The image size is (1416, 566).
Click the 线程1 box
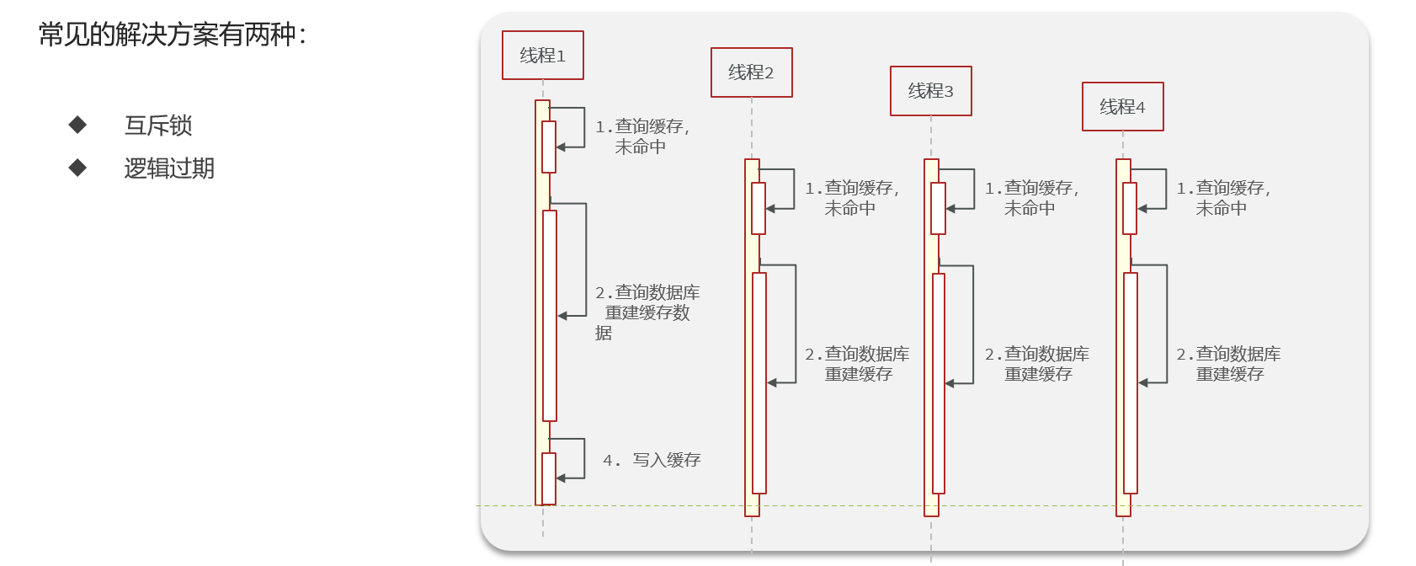click(542, 56)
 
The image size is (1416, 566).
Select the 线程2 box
click(751, 72)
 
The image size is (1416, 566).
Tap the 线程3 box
click(930, 91)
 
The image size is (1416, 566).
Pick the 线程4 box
click(1122, 107)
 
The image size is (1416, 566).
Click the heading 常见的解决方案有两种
click(173, 35)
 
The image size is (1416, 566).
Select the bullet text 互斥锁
click(158, 125)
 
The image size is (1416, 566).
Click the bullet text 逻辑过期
click(169, 168)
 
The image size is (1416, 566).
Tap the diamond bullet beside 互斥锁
click(78, 125)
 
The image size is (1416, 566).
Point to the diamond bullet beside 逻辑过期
click(78, 168)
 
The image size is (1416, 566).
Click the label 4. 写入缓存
click(652, 460)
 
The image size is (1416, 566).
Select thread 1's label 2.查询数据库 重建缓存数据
click(647, 312)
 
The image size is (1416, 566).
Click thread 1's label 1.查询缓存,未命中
click(642, 136)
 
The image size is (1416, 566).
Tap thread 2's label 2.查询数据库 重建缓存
click(857, 364)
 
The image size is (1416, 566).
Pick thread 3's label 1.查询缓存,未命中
click(1032, 198)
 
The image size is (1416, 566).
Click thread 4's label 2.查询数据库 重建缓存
click(1228, 364)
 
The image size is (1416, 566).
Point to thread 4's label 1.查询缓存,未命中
click(1223, 198)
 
